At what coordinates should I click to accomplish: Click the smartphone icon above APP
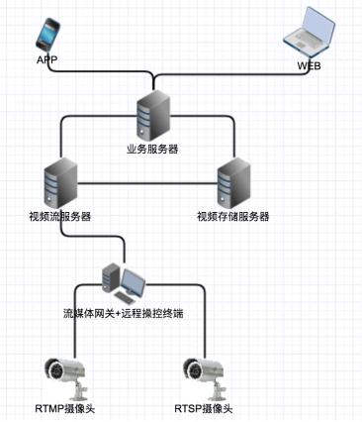pyautogui.click(x=46, y=37)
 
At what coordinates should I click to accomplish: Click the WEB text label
pyautogui.click(x=310, y=66)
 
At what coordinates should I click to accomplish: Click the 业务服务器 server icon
pyautogui.click(x=151, y=113)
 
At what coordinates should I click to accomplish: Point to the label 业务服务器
pyautogui.click(x=151, y=148)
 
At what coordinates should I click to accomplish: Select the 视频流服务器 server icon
pyautogui.click(x=61, y=181)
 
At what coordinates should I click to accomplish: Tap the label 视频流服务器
pyautogui.click(x=60, y=216)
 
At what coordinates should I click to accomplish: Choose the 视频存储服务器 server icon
pyautogui.click(x=233, y=181)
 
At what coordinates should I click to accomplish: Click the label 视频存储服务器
pyautogui.click(x=233, y=216)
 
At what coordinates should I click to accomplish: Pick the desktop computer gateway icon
pyautogui.click(x=124, y=283)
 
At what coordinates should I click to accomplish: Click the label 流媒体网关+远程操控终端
pyautogui.click(x=124, y=314)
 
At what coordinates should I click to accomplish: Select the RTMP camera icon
pyautogui.click(x=61, y=373)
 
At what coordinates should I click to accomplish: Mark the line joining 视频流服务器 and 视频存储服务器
pyautogui.click(x=148, y=183)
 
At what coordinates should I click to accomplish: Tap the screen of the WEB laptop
pyautogui.click(x=315, y=29)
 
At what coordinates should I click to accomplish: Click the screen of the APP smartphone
pyautogui.click(x=46, y=36)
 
